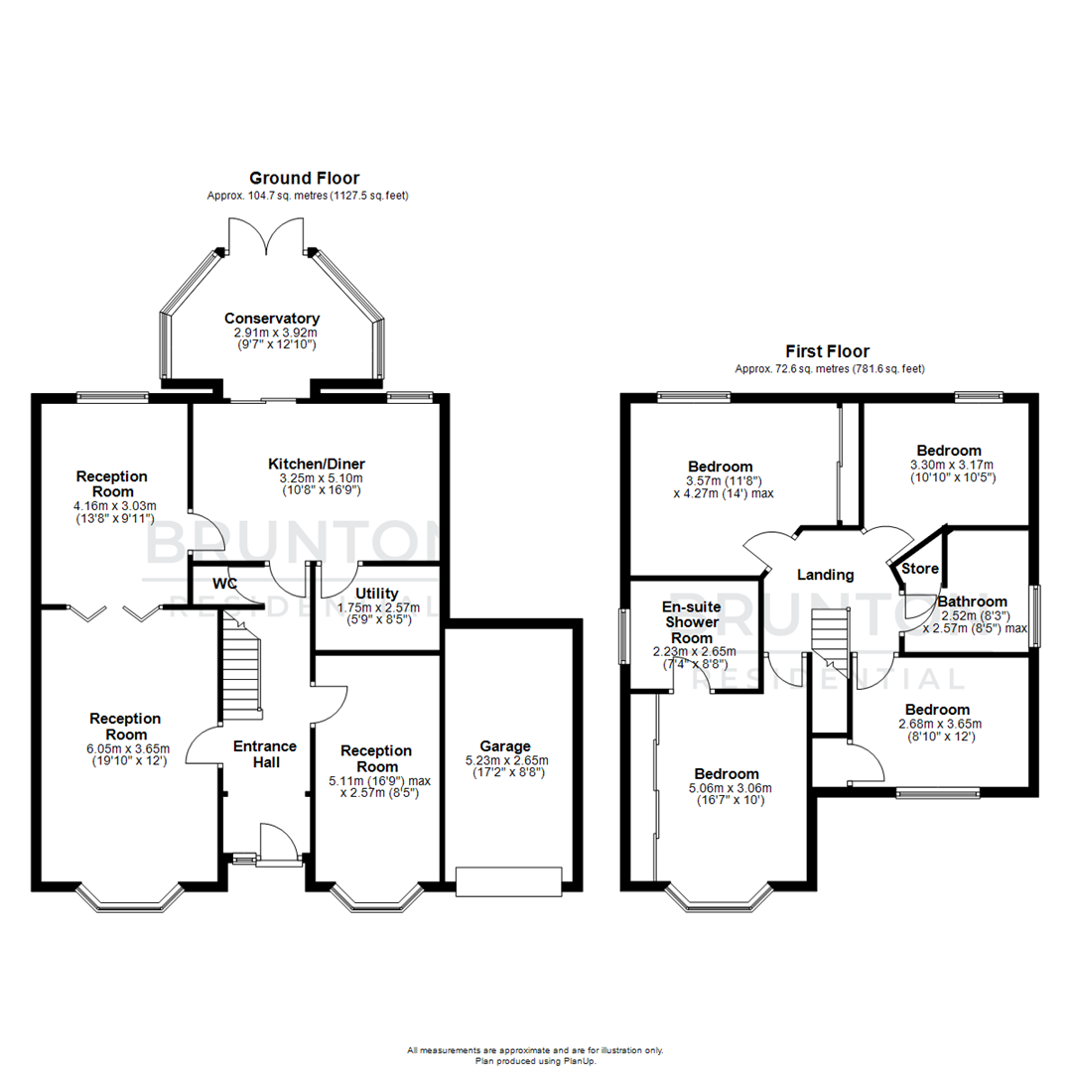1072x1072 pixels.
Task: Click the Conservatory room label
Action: (271, 318)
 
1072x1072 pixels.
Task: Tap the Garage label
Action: (505, 746)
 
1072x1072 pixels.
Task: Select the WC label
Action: (224, 584)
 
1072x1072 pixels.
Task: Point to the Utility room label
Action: (376, 594)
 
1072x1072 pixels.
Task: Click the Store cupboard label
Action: (919, 570)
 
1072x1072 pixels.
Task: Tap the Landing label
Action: (826, 575)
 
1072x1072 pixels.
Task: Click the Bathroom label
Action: (973, 602)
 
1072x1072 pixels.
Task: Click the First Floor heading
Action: (827, 351)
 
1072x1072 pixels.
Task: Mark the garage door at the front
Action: (508, 879)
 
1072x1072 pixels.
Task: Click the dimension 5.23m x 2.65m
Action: (505, 760)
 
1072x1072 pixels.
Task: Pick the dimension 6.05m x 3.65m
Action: (125, 748)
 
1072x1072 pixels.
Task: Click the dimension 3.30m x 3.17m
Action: (952, 465)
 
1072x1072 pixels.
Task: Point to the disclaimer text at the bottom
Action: (535, 1055)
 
